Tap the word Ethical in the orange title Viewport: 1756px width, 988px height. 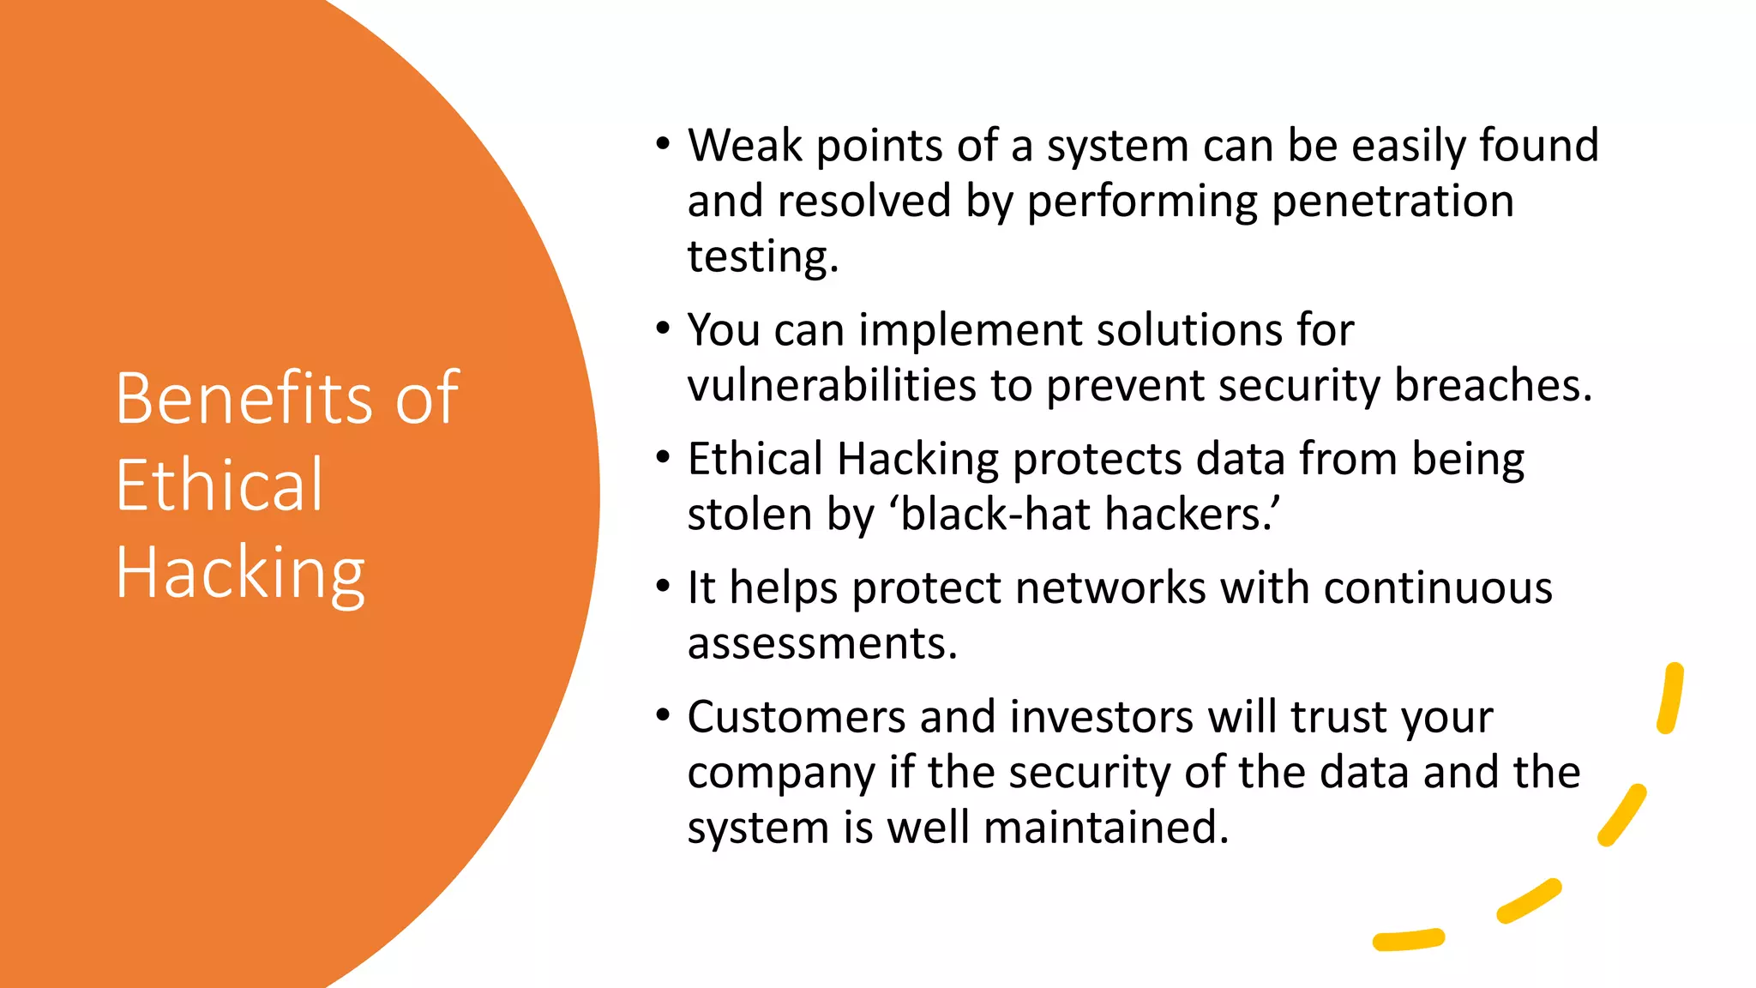tap(219, 485)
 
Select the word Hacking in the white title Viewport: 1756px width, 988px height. tap(240, 573)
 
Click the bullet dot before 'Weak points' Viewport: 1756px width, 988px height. tap(663, 144)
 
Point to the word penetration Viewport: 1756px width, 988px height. tap(1392, 202)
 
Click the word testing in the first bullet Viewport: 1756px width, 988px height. tap(761, 257)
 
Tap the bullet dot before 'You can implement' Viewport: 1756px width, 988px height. tap(663, 328)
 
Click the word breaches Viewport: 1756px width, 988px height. tap(1492, 385)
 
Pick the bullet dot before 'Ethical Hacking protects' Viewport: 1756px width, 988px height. tap(663, 458)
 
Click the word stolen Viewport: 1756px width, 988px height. tap(749, 515)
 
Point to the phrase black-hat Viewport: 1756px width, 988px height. tap(995, 515)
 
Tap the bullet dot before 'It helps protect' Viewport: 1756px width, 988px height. tap(663, 587)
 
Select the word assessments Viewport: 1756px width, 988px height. tap(821, 643)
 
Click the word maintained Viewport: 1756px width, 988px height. tap(1105, 828)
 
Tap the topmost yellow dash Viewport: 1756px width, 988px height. tap(1670, 698)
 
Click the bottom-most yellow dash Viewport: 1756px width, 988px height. tap(1409, 940)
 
